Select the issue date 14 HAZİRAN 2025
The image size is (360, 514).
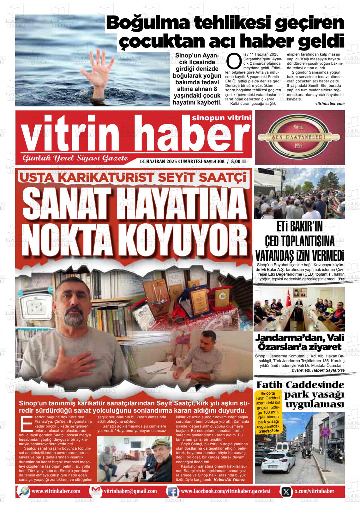point(158,162)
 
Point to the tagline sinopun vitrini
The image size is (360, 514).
point(221,118)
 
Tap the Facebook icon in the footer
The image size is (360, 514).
point(172,491)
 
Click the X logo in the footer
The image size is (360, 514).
point(286,491)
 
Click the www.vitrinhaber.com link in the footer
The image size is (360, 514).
point(56,491)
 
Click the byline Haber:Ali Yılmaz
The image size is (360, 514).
point(229,480)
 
